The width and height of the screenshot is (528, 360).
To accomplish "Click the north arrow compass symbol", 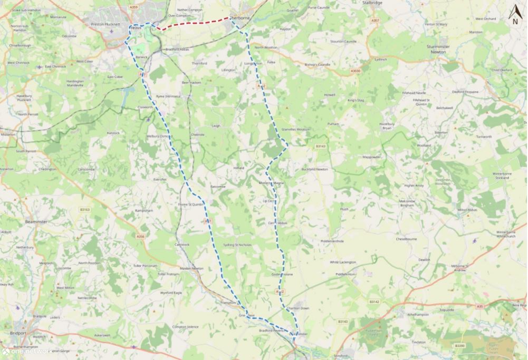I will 515,15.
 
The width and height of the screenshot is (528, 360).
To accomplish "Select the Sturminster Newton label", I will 438,50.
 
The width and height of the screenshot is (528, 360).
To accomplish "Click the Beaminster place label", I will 36,222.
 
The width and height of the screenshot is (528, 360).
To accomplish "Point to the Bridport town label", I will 18,333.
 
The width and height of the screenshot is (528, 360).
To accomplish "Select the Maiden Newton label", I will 191,268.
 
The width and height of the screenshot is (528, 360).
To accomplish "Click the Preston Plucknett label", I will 105,24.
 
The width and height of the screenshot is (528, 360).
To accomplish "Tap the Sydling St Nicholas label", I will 237,245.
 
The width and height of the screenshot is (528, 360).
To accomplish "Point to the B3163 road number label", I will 85,209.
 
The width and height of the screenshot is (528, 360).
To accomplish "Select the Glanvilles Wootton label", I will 296,129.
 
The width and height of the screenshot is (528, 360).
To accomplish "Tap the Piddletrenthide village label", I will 332,241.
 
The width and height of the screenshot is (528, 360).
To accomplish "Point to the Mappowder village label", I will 372,157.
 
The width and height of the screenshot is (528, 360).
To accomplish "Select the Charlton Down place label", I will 297,308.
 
